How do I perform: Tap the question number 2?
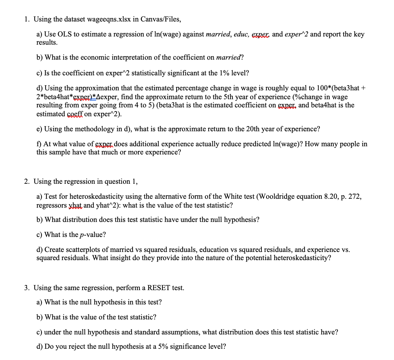(26, 181)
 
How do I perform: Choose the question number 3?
(26, 288)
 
